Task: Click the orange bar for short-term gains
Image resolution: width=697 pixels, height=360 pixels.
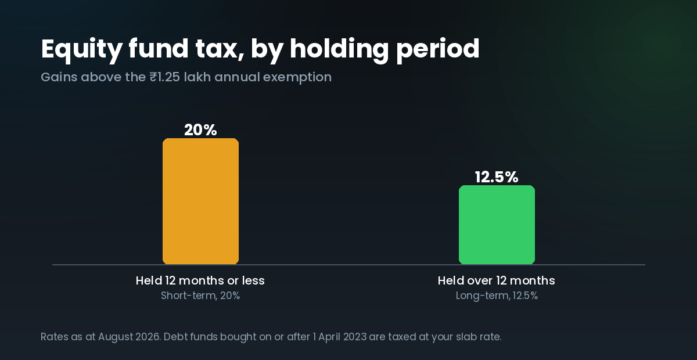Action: point(201,201)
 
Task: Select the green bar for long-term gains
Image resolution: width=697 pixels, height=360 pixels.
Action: point(497,225)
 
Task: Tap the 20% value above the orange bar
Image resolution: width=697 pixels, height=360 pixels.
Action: point(200,130)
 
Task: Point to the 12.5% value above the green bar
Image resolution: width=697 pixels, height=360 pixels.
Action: point(497,177)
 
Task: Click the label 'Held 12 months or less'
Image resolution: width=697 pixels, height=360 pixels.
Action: point(200,280)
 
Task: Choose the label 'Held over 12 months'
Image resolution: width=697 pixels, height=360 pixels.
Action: point(496,280)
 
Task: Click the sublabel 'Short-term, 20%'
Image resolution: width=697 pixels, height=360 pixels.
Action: point(200,296)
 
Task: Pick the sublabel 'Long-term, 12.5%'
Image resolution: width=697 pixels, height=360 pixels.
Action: point(497,296)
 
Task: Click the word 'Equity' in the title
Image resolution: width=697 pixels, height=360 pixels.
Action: point(81,49)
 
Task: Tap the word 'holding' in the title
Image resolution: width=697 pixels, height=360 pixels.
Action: point(339,49)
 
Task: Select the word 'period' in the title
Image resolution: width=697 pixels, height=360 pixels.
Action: point(438,49)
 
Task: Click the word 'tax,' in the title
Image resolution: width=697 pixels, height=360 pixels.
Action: point(220,50)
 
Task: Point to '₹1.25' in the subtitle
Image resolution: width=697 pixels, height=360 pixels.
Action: point(164,77)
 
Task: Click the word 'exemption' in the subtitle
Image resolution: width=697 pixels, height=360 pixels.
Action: point(297,77)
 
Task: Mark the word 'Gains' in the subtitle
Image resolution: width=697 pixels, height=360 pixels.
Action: point(59,77)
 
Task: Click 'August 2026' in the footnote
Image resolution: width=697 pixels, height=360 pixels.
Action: point(129,337)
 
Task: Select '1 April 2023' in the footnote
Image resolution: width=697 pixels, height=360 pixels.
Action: point(340,337)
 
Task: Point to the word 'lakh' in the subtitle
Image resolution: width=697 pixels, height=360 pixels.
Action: point(197,77)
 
